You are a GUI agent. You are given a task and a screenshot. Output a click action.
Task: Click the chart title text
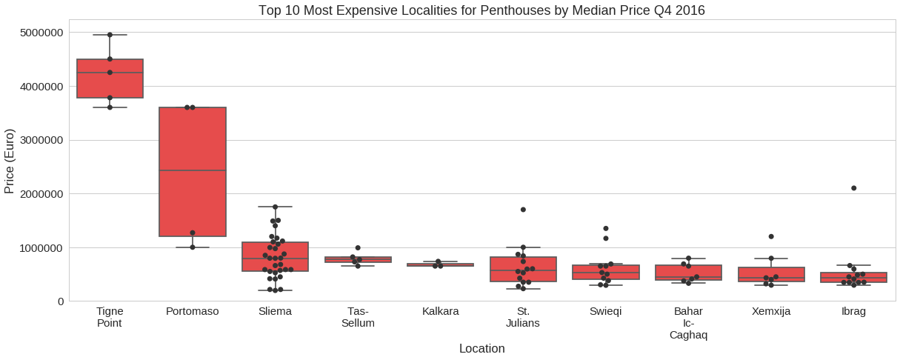click(x=481, y=10)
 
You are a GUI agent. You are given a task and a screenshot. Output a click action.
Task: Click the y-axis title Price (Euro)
click(x=10, y=161)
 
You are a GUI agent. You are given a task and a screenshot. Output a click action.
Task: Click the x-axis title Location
click(x=481, y=348)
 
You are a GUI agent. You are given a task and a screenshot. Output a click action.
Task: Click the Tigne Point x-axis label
click(x=110, y=317)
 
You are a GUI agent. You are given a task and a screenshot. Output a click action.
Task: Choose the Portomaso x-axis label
click(x=193, y=311)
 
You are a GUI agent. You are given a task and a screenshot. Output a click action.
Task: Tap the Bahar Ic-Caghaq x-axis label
click(x=688, y=323)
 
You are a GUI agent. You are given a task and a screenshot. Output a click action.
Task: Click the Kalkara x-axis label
click(x=441, y=311)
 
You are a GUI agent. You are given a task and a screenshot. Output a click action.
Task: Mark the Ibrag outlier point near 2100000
click(x=854, y=188)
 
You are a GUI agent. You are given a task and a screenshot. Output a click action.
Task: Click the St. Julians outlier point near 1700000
click(x=523, y=210)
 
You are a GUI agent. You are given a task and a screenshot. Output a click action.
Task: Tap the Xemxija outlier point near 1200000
click(x=771, y=236)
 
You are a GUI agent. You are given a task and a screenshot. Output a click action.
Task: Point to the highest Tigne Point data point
click(x=110, y=35)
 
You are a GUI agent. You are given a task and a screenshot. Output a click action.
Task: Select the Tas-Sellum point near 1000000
click(x=358, y=247)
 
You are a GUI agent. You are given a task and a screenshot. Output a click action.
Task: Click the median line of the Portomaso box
click(x=193, y=170)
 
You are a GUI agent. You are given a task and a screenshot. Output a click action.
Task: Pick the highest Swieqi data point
click(x=606, y=228)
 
